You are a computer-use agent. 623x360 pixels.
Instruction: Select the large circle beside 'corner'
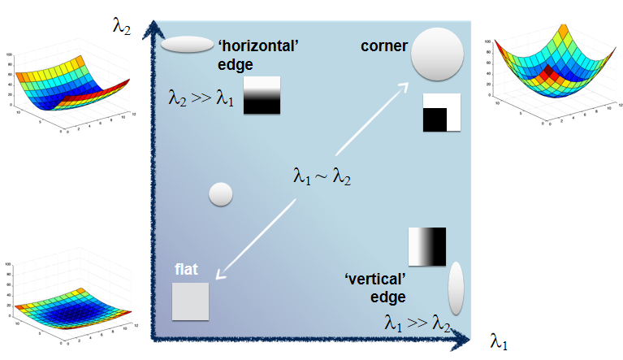coord(437,54)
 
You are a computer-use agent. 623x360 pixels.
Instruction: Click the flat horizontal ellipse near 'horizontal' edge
coord(186,46)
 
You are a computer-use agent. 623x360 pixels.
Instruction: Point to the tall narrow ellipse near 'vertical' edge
coord(456,288)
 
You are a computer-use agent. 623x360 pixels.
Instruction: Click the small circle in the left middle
coord(221,194)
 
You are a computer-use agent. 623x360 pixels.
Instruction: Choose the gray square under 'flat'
coord(191,301)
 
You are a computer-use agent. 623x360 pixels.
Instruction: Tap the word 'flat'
coord(187,270)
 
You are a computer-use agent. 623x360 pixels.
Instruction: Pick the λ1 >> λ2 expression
coord(417,323)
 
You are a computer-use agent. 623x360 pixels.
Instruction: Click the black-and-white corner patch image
coord(442,113)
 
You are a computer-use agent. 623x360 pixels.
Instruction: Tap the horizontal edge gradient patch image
coord(262,95)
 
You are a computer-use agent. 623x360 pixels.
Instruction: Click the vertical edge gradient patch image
coord(427,246)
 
